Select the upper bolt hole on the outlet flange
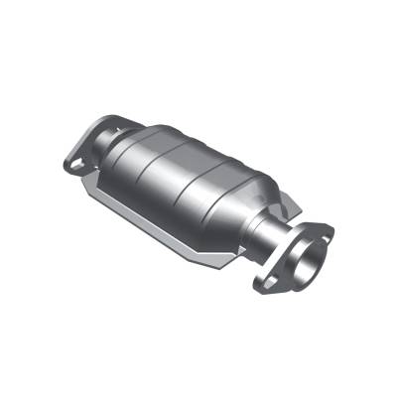[324, 233]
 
